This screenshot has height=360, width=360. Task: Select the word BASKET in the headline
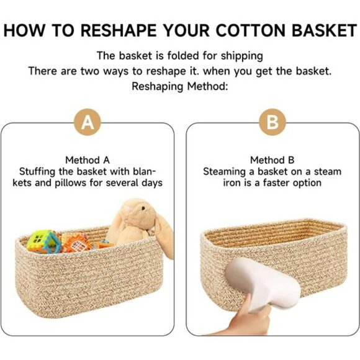click(325, 30)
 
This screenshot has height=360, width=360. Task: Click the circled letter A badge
click(88, 122)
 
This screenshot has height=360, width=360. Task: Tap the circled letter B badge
click(272, 122)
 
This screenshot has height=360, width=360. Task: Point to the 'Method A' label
click(88, 160)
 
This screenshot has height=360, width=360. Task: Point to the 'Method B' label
click(272, 160)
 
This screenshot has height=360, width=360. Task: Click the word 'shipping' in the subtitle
click(242, 56)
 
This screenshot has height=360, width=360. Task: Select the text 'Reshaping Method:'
click(180, 86)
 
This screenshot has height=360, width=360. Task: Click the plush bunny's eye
click(143, 209)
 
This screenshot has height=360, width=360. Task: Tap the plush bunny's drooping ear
click(164, 236)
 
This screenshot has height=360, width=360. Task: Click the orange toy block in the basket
click(77, 243)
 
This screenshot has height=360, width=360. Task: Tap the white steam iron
click(263, 284)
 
